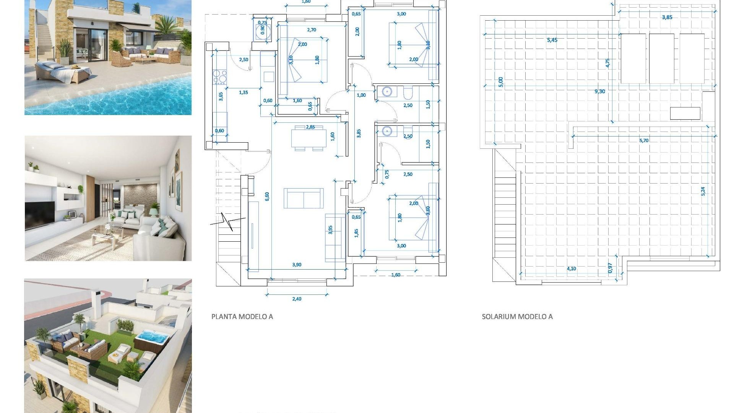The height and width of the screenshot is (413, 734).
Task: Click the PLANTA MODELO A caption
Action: click(242, 317)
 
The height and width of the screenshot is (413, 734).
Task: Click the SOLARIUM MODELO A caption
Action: click(517, 317)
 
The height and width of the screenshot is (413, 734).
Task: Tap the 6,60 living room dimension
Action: click(267, 196)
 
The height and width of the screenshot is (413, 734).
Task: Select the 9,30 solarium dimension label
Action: click(599, 91)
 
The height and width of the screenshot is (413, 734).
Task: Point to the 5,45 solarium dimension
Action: click(552, 40)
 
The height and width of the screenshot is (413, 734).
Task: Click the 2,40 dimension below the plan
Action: click(297, 299)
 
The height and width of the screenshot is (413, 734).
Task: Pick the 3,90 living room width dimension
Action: click(297, 265)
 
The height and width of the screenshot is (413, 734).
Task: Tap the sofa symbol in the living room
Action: click(304, 198)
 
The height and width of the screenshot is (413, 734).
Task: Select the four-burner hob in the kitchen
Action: click(220, 76)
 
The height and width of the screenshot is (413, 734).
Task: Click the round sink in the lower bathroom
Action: click(387, 132)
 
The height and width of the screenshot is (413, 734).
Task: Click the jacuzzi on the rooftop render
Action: click(152, 338)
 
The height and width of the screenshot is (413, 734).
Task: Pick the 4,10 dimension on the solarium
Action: click(571, 269)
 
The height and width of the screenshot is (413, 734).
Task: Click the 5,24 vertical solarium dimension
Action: click(703, 191)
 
